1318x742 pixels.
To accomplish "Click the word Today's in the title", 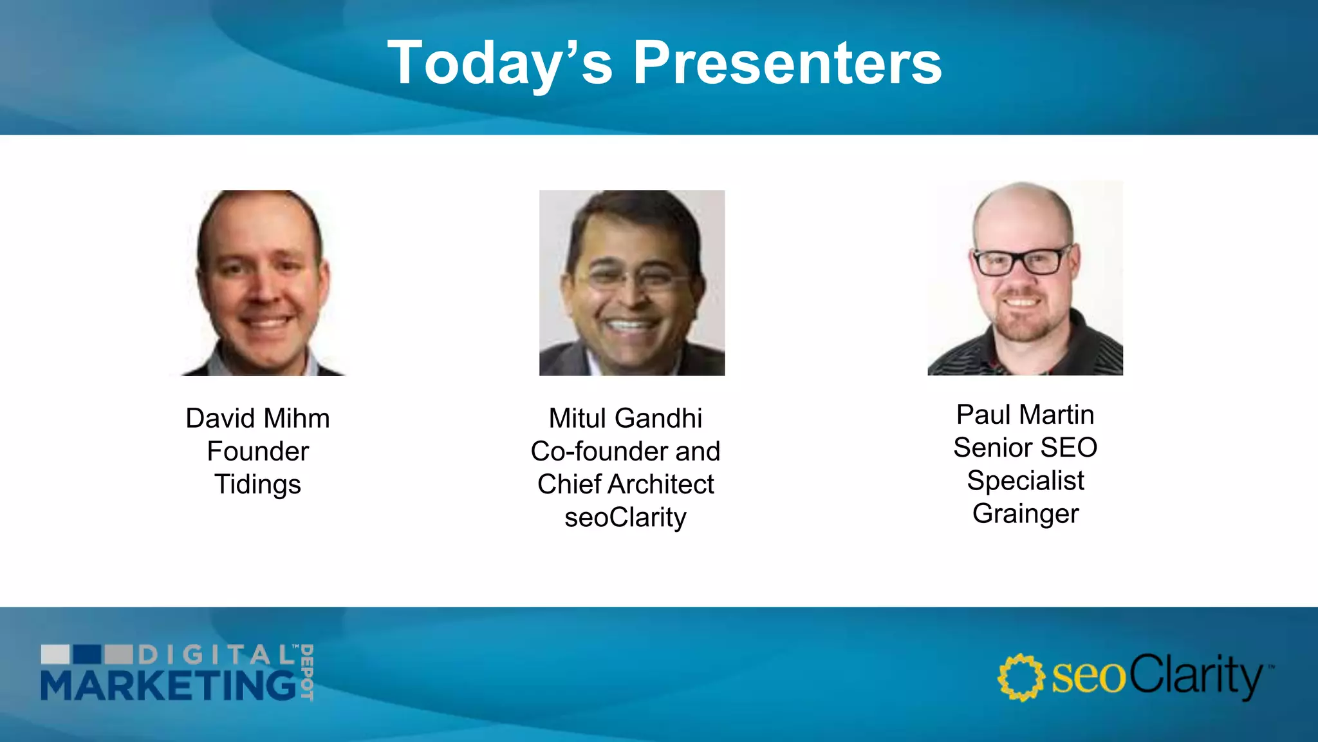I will (x=499, y=62).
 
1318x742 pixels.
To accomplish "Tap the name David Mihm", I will (x=257, y=419).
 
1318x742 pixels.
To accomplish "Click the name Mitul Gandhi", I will (x=625, y=419).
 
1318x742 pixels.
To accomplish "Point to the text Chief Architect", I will (x=625, y=484).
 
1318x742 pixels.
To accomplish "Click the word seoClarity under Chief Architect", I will (x=625, y=518).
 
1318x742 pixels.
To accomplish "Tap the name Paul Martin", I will (x=1025, y=415).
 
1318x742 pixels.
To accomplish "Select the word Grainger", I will (x=1025, y=514).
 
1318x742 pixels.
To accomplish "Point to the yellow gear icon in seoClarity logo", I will (x=1021, y=678).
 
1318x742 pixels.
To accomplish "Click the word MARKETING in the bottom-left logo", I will (x=169, y=685).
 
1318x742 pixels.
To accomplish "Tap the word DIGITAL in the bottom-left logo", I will (x=216, y=655).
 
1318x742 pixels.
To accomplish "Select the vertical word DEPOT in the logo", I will (x=307, y=672).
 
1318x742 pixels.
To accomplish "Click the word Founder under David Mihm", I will (x=257, y=452).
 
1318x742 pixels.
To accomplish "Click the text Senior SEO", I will (x=1025, y=448).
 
